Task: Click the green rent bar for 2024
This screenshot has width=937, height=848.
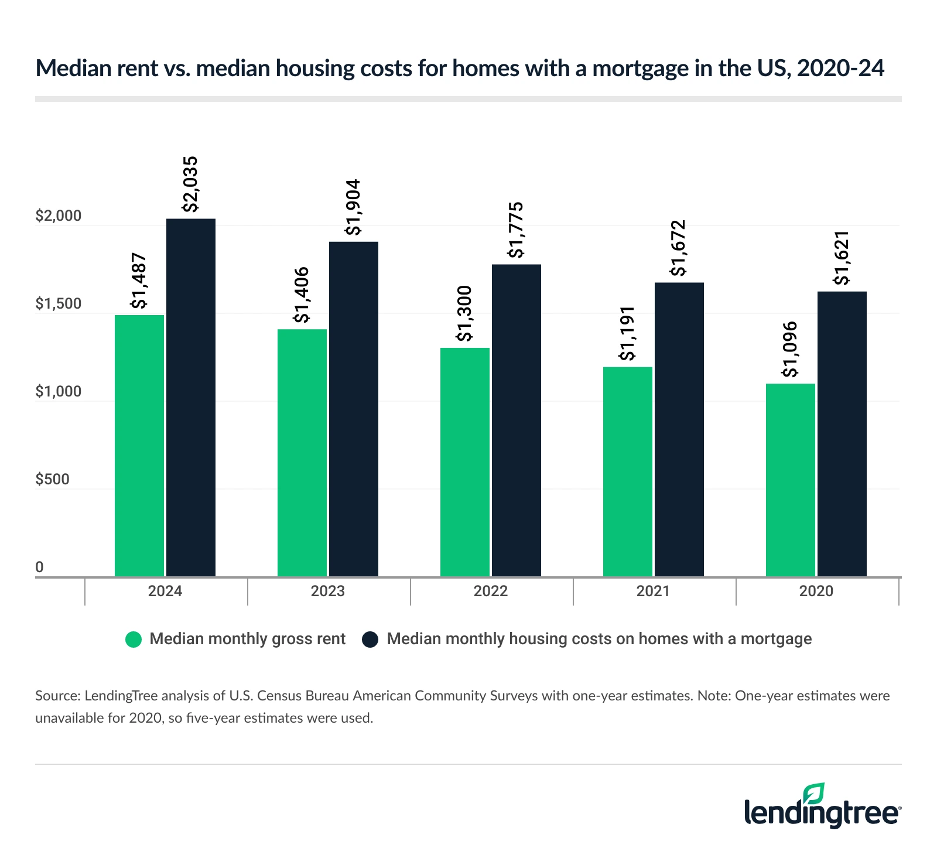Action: point(139,445)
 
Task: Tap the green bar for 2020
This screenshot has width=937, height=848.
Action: point(790,480)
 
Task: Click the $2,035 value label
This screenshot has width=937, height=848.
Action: point(190,184)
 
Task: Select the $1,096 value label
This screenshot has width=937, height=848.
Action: point(790,350)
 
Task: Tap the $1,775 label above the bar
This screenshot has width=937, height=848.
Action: point(516,230)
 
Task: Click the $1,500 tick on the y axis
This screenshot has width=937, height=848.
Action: point(58,304)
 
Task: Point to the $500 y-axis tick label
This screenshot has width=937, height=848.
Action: point(52,480)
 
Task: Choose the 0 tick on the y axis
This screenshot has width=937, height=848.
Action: point(40,567)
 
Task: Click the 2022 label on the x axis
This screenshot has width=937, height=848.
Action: point(490,591)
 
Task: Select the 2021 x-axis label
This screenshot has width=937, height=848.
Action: point(653,591)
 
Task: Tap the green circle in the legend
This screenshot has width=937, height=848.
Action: point(134,639)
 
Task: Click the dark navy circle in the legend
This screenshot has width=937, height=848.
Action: point(370,639)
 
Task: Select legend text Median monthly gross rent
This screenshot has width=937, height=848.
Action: point(247,639)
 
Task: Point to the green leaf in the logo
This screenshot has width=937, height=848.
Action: point(813,794)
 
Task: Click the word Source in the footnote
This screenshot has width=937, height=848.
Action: point(57,696)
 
